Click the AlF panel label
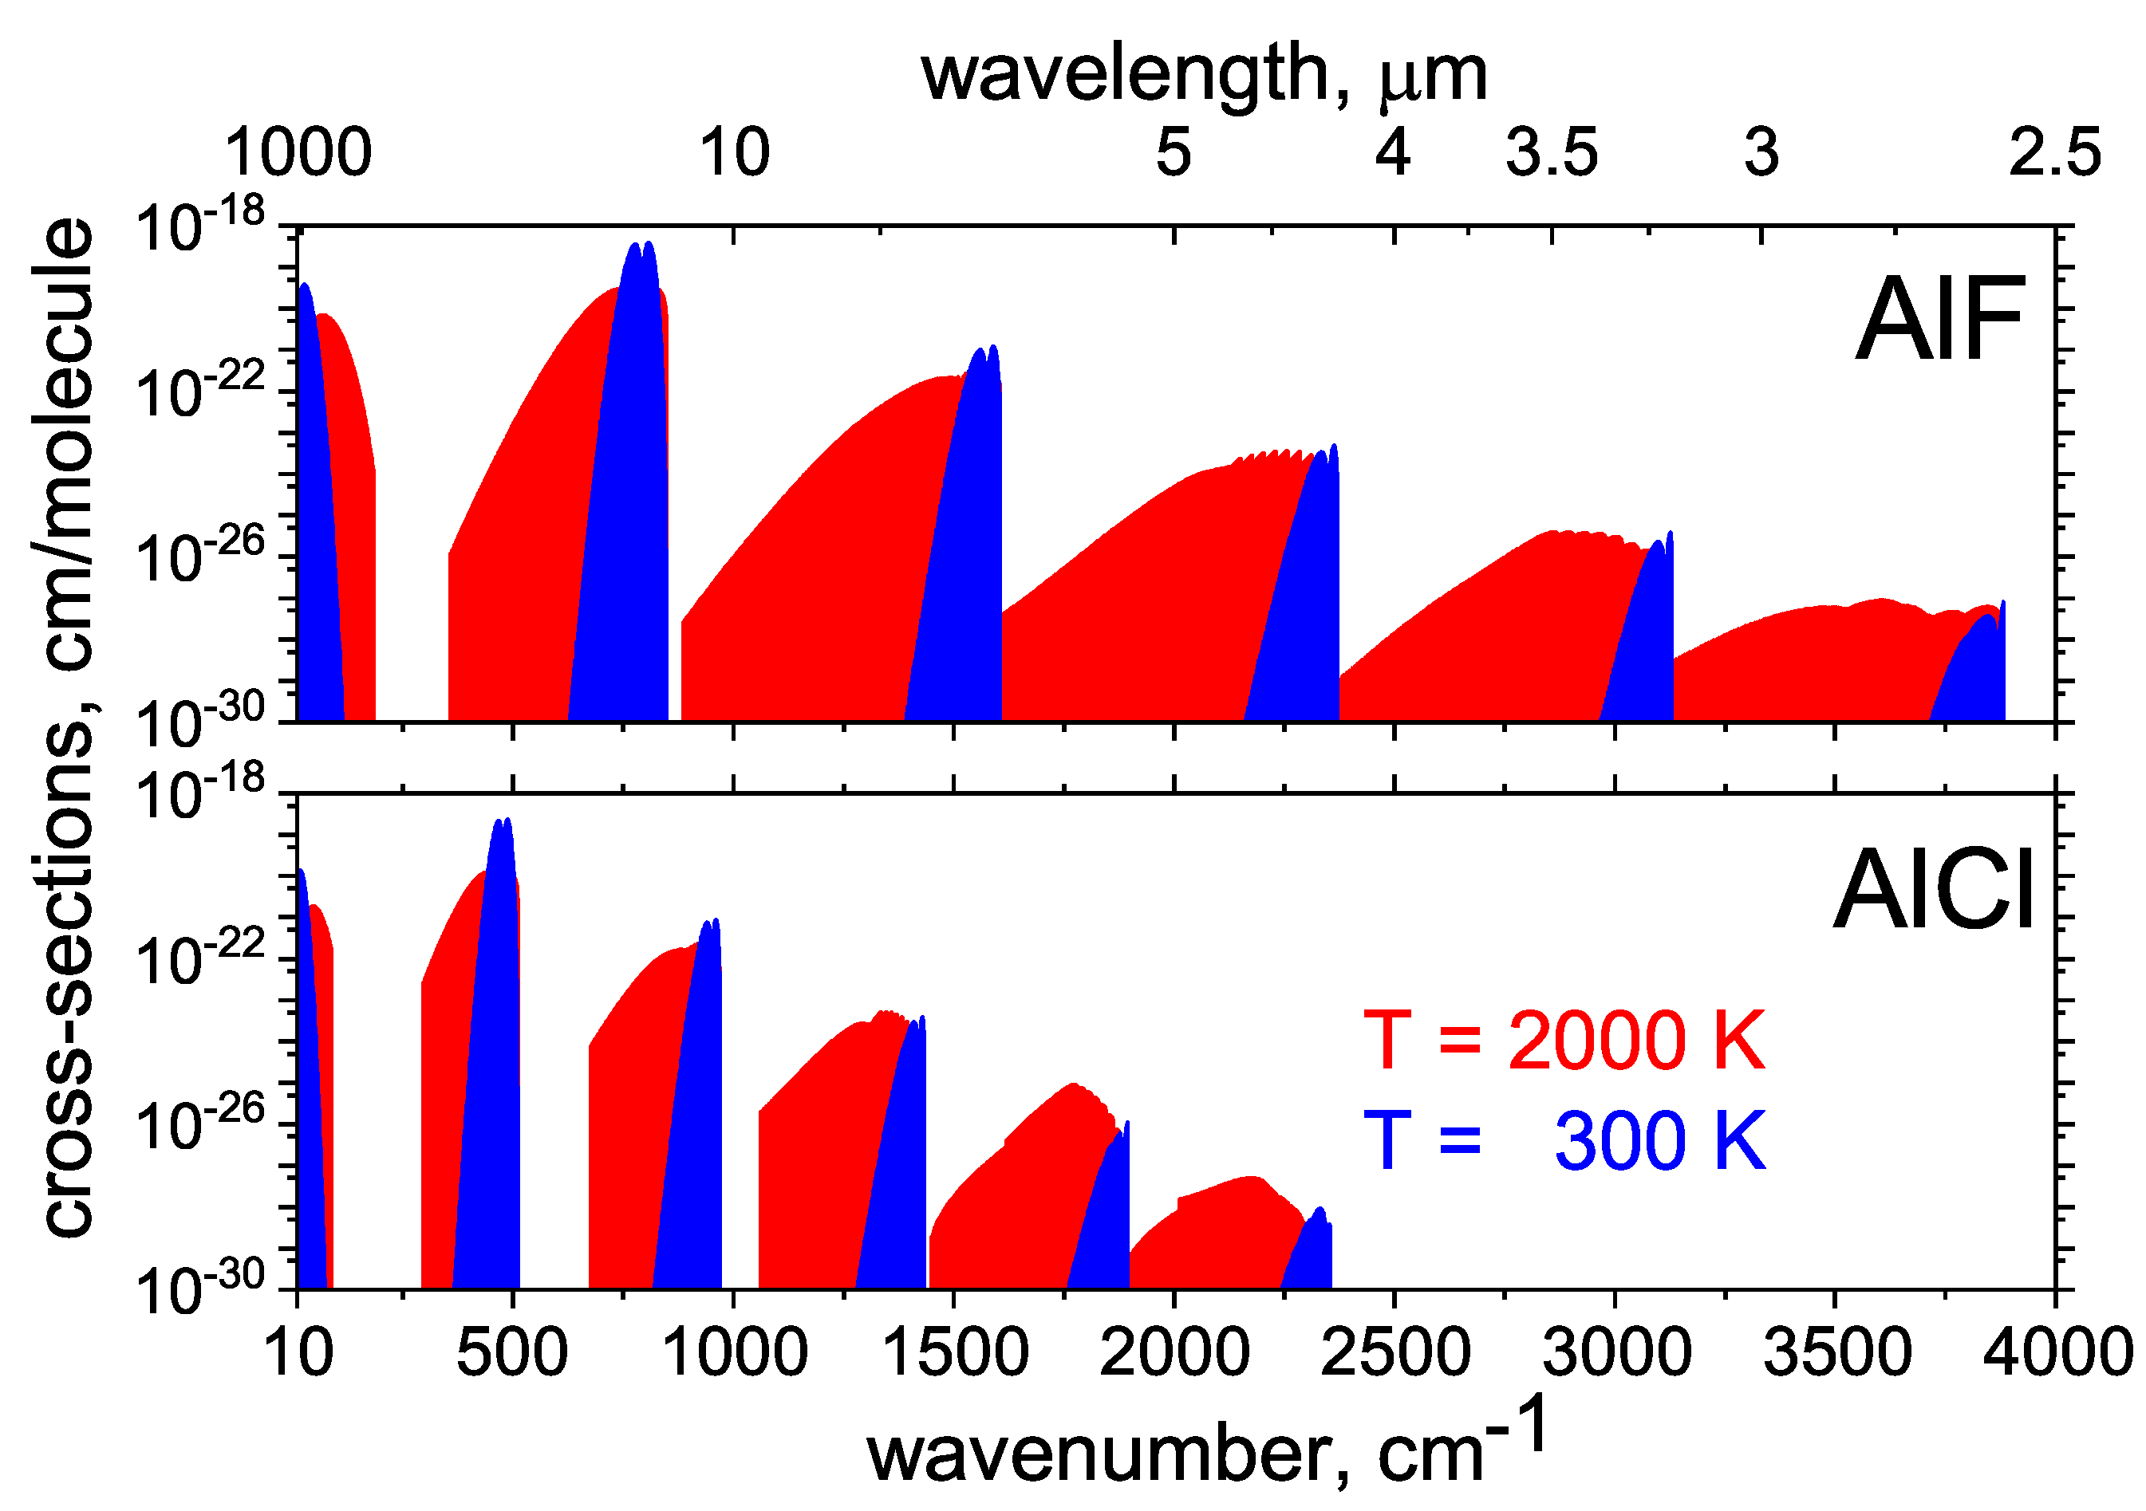[1939, 321]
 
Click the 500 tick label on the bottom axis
[511, 1352]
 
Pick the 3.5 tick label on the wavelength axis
[1552, 152]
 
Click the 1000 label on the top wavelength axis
[298, 152]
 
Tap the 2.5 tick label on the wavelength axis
[2054, 152]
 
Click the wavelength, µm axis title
[1204, 75]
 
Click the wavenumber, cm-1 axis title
[1205, 1448]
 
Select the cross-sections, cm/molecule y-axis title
[67, 729]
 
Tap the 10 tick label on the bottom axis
[299, 1352]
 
